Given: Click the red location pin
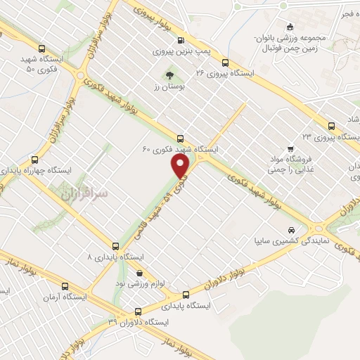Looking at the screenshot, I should [x=181, y=167].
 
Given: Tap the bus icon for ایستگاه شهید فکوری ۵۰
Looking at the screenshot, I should [x=42, y=49].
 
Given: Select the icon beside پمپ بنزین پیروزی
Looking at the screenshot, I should [x=181, y=40].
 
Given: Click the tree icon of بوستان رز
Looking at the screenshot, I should [x=169, y=75].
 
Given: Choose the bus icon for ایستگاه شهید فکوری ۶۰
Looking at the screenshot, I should [x=181, y=138].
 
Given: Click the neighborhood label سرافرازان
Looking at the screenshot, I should [x=83, y=191].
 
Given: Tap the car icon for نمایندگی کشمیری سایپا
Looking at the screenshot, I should [x=290, y=230].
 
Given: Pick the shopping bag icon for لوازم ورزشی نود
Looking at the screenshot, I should [x=139, y=272].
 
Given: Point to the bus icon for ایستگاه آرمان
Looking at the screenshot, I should [x=66, y=286].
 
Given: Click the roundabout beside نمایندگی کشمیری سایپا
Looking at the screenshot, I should [x=316, y=227].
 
